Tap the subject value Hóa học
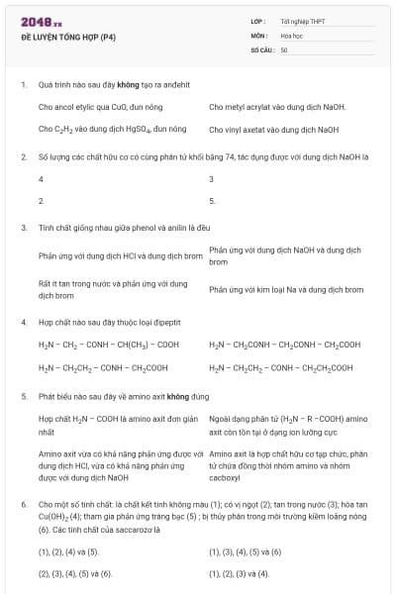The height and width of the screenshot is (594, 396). click(x=291, y=35)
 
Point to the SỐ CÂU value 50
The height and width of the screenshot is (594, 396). click(x=284, y=49)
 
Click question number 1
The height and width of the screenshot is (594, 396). click(x=23, y=84)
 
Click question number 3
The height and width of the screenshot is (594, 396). click(x=23, y=228)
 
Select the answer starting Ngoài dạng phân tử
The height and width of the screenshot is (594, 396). click(x=288, y=425)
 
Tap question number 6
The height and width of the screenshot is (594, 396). click(x=23, y=504)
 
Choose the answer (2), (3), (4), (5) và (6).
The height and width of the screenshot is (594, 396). click(x=75, y=573)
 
